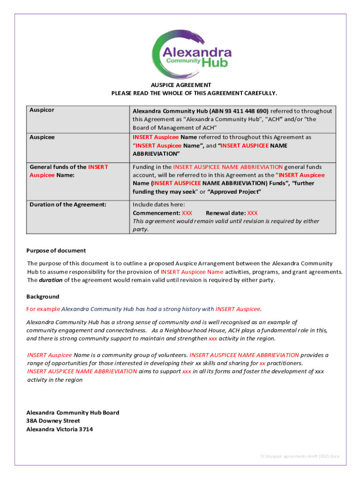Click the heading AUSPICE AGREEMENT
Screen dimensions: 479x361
point(181,85)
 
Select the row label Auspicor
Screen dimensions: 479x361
point(42,110)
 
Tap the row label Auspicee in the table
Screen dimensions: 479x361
point(42,138)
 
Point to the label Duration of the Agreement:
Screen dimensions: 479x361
point(68,204)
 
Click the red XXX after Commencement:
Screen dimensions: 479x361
point(187,213)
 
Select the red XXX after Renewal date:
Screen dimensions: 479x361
point(252,213)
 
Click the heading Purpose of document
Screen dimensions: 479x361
point(56,251)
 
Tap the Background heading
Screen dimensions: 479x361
point(43,297)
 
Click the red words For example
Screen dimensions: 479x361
point(43,309)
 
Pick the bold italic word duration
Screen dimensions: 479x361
point(50,280)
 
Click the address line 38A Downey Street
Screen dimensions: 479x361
point(53,421)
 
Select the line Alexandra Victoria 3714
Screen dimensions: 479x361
point(59,429)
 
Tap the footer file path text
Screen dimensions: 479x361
point(300,456)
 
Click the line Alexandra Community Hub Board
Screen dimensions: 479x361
point(73,413)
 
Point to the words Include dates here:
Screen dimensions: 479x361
point(158,204)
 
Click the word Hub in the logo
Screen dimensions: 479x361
point(215,63)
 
